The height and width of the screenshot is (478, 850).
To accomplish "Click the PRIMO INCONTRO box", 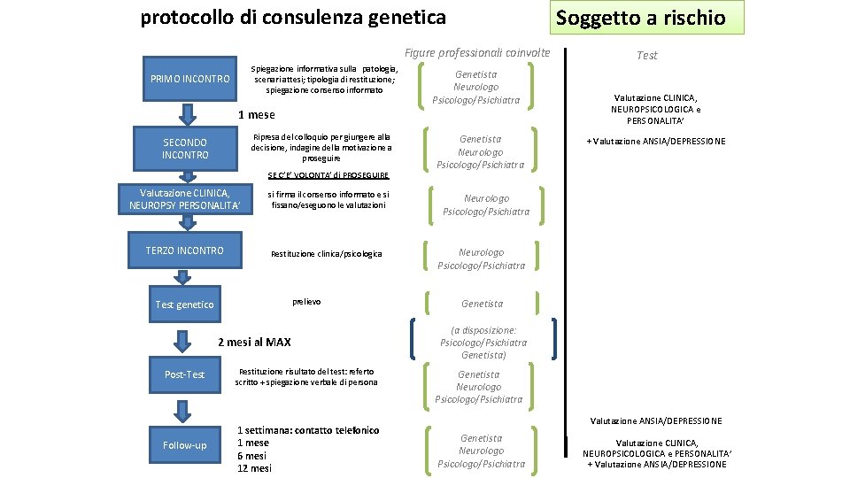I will pos(190,79).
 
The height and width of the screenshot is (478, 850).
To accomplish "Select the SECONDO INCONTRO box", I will pos(185,149).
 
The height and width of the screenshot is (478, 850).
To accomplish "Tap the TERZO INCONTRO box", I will pos(185,251).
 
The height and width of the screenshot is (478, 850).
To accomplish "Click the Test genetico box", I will pos(184,305).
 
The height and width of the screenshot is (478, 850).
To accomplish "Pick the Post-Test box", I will pos(184,374).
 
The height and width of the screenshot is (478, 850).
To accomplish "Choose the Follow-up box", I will pos(184,445).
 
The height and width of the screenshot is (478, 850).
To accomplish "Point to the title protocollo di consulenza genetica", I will pos(293,17).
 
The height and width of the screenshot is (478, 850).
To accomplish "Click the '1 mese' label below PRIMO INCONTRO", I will pos(257,114).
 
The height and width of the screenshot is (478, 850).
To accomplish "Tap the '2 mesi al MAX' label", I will pos(254,342).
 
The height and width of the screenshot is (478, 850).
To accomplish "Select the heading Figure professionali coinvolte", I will pos(477,53).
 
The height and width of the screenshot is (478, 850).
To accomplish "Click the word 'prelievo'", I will pos(306,302).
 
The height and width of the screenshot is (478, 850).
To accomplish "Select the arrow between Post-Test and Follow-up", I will pos(184,410).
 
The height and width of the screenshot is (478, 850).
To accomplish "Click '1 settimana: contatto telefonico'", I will pos(307,430).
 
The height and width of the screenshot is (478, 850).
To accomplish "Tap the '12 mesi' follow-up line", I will pos(254,468).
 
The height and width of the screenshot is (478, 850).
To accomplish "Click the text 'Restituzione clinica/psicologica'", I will pos(326,254).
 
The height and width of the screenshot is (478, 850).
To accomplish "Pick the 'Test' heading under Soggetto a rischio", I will pos(647,55).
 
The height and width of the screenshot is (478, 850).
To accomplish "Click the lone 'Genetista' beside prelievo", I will pos(482,305).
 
